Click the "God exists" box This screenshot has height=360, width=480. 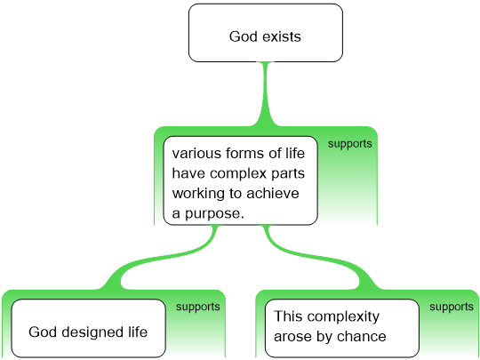click(x=266, y=33)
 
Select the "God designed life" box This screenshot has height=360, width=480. click(x=89, y=328)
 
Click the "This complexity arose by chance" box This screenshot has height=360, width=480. click(x=341, y=328)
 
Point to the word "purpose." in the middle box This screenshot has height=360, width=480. click(x=214, y=214)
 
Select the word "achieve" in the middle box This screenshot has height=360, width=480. click(x=273, y=194)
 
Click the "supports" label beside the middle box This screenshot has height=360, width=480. click(x=350, y=144)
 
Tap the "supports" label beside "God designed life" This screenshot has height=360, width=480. click(x=197, y=307)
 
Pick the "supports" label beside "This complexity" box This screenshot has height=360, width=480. click(x=452, y=307)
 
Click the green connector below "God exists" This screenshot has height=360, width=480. click(x=266, y=94)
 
